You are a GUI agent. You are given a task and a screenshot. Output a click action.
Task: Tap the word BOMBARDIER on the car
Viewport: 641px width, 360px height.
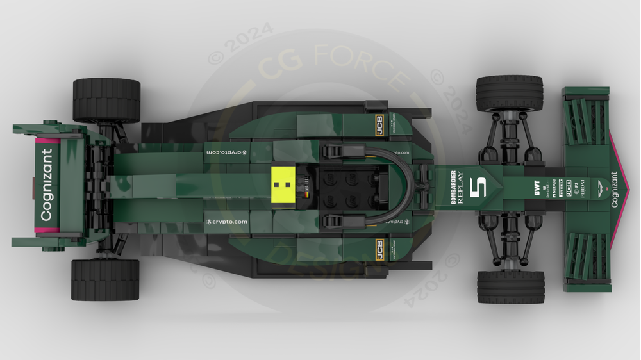pos(454,187)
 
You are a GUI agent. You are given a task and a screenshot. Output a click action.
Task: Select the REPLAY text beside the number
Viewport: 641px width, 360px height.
pos(460,187)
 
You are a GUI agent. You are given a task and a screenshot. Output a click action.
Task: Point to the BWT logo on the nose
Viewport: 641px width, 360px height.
pos(537,188)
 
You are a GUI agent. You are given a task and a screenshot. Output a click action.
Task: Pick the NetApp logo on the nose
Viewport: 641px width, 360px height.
pos(553,188)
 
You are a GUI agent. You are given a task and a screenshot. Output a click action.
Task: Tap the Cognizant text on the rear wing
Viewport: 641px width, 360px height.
pos(47,185)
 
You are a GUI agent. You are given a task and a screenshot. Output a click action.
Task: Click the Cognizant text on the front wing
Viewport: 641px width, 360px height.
pos(615,190)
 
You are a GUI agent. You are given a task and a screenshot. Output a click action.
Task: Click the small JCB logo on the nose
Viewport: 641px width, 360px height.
pos(568,188)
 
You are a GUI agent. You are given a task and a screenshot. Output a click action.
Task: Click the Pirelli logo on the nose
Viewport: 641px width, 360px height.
pos(560,188)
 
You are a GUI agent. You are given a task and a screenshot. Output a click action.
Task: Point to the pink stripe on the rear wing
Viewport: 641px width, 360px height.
pos(44,142)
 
